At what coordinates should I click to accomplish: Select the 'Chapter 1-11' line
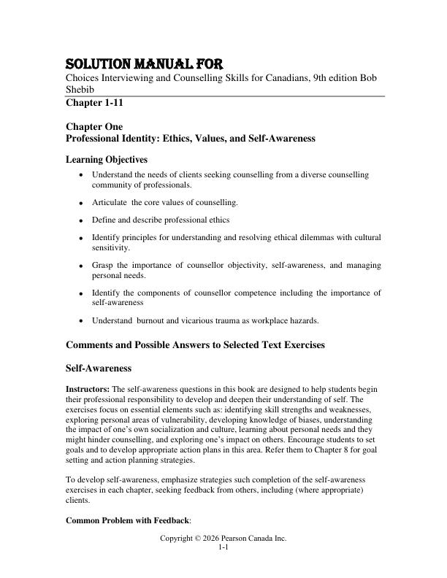[x=95, y=103]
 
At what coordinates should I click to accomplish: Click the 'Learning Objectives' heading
[x=107, y=159]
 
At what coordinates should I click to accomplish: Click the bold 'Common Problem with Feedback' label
[x=123, y=520]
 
